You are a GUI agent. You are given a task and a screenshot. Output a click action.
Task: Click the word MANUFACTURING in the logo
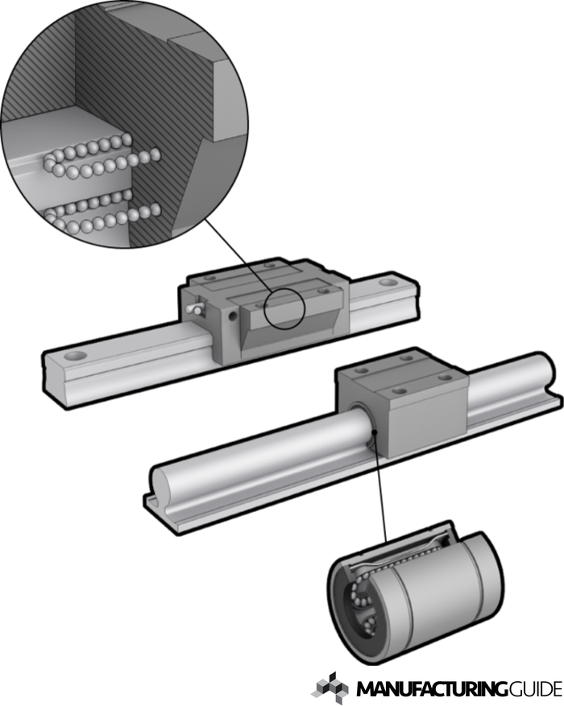pyautogui.click(x=433, y=689)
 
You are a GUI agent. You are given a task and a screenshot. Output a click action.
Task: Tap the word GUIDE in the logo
pyautogui.click(x=536, y=689)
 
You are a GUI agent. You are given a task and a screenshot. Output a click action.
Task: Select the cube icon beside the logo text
pyautogui.click(x=330, y=688)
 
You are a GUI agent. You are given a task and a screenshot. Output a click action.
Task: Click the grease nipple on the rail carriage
pyautogui.click(x=195, y=308)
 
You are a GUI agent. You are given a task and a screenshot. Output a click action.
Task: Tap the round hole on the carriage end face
pyautogui.click(x=233, y=316)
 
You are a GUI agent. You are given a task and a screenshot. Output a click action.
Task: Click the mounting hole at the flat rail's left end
pyautogui.click(x=75, y=356)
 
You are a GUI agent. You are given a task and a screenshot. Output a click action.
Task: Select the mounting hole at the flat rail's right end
pyautogui.click(x=388, y=283)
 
